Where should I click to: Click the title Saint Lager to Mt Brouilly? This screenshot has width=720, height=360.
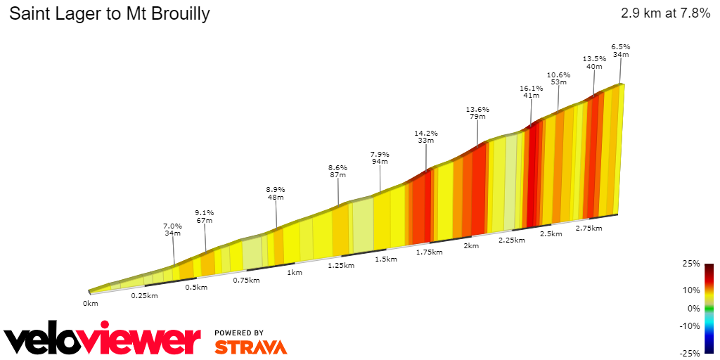(109, 14)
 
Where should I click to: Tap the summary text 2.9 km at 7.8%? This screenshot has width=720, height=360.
(665, 14)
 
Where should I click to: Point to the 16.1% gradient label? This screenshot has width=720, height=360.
(531, 88)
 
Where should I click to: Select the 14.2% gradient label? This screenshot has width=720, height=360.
(425, 133)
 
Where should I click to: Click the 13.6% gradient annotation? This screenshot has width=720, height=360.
(477, 110)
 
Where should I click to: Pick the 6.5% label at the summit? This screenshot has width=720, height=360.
(620, 46)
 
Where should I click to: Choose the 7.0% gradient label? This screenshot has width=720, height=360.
(173, 226)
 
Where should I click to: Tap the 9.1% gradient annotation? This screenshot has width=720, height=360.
(205, 212)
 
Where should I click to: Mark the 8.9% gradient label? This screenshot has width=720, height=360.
(276, 189)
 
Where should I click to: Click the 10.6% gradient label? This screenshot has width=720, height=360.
(558, 75)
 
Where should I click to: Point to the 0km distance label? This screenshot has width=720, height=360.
(90, 303)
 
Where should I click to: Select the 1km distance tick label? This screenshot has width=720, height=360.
(295, 272)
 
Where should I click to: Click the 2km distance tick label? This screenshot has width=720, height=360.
(471, 245)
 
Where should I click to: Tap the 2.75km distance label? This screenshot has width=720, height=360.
(589, 228)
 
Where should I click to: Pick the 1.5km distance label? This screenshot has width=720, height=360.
(386, 259)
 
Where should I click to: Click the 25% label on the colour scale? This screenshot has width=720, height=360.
(692, 264)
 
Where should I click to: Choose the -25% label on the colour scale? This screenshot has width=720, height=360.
(690, 352)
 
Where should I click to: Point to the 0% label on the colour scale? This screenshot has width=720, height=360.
(694, 308)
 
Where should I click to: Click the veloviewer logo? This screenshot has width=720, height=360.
(102, 340)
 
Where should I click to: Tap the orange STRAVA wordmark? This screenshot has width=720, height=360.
(250, 347)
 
